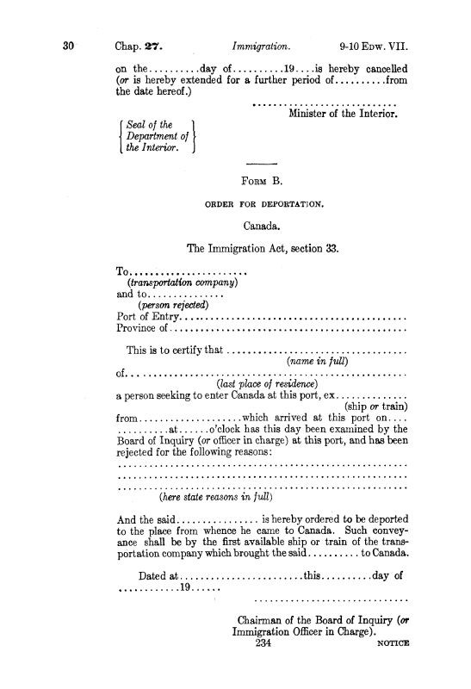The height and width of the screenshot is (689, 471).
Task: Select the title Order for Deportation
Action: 263,205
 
